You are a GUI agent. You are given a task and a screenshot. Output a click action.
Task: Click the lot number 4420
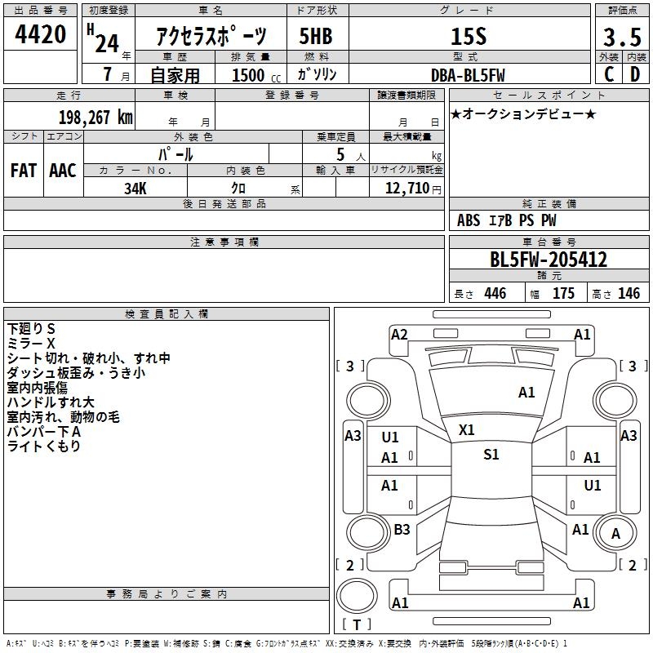click(41, 34)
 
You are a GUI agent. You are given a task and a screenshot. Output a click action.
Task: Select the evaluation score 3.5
click(621, 37)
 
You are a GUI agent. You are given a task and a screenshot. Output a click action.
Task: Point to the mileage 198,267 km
click(96, 117)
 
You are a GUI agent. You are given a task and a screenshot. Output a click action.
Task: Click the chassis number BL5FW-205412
click(549, 260)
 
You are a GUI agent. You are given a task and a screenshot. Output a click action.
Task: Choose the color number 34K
click(135, 188)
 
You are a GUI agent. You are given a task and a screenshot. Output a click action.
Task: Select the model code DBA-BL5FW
click(468, 75)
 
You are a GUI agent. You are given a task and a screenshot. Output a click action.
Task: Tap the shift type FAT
click(24, 170)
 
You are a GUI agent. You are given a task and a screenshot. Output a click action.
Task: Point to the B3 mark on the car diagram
click(402, 530)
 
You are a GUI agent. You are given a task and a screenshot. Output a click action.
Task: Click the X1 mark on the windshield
click(467, 429)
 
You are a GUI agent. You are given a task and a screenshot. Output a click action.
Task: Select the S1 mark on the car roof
click(491, 455)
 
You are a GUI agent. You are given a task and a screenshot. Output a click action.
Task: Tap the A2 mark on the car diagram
click(399, 334)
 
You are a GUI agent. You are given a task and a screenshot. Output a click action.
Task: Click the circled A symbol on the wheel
click(615, 535)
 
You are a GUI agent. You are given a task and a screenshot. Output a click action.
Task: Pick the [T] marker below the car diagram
click(357, 624)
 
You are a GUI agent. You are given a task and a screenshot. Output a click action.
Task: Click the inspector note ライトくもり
click(43, 446)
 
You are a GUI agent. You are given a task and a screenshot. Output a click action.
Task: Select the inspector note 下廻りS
click(31, 328)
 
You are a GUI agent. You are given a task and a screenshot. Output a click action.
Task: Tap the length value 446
click(495, 294)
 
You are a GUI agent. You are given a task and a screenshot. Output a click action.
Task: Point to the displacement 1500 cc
click(248, 75)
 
